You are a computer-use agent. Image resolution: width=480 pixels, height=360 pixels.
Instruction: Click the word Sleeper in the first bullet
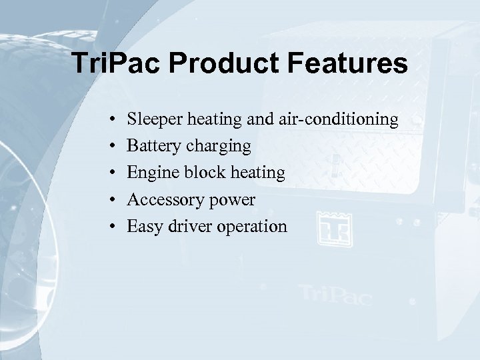click(x=155, y=120)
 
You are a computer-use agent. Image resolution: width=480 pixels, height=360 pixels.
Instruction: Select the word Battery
click(x=153, y=147)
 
